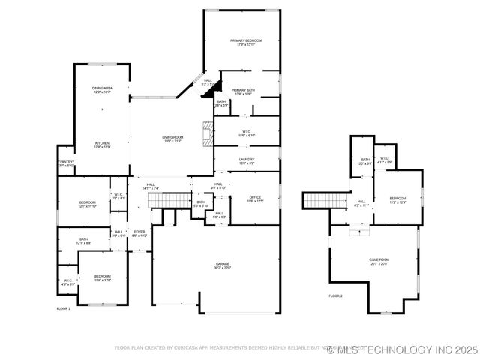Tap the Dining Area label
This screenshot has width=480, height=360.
102,88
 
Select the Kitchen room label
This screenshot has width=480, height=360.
102,142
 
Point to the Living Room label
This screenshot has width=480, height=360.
172,136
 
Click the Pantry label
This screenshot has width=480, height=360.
66,162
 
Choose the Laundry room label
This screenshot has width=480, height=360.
247,159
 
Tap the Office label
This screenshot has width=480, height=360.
256,196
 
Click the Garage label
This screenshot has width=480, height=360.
223,264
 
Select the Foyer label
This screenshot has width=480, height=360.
139,232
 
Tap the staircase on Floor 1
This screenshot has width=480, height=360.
170,199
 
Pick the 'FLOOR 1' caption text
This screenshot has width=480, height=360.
63,308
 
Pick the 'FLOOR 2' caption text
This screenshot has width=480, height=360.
335,296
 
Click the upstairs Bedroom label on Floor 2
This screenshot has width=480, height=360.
397,199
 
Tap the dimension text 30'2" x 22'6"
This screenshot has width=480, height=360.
223,268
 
